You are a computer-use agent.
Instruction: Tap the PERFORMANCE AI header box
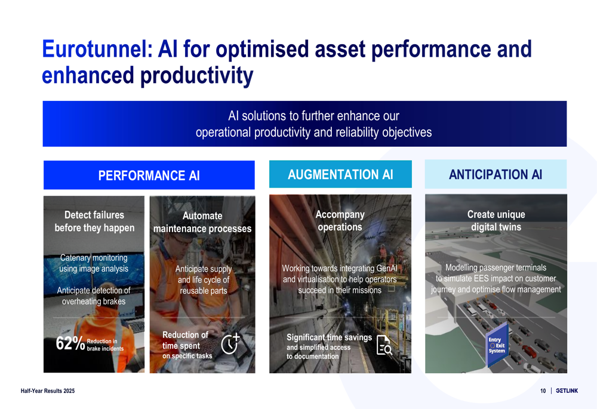click(x=149, y=175)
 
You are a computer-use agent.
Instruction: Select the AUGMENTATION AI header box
click(x=340, y=174)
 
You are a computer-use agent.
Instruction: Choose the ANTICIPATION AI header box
click(x=496, y=174)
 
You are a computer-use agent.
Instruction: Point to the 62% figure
click(x=70, y=343)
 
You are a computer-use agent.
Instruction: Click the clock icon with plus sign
click(x=230, y=343)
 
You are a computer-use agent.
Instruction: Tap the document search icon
click(x=384, y=345)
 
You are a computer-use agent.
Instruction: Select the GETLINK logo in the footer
click(x=567, y=390)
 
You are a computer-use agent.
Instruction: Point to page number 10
click(x=543, y=390)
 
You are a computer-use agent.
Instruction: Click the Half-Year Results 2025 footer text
click(x=48, y=390)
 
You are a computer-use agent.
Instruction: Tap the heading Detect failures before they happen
click(x=94, y=222)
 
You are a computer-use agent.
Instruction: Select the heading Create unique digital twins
click(x=496, y=220)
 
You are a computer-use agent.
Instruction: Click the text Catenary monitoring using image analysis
click(x=94, y=263)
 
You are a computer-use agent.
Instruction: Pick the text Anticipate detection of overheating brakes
click(x=94, y=296)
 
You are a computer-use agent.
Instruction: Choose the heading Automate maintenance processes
click(x=202, y=222)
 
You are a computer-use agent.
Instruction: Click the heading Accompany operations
click(x=340, y=220)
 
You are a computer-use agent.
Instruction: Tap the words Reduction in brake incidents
click(x=105, y=345)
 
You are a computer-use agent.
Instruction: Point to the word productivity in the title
click(x=196, y=75)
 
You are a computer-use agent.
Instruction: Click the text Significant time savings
click(x=329, y=337)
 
